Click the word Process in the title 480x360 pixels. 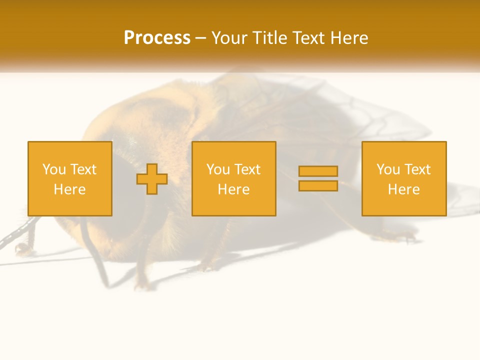(x=157, y=38)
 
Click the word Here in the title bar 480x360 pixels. (x=351, y=38)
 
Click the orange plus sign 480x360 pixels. (x=152, y=179)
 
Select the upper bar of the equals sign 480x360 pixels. (x=318, y=171)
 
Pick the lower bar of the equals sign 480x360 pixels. (x=318, y=185)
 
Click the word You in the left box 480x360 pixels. (x=54, y=169)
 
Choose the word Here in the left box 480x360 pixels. (x=69, y=189)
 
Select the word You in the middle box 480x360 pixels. (x=218, y=169)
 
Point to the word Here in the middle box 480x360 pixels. (x=233, y=189)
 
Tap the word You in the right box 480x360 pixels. (x=388, y=169)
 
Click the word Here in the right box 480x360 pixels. (x=403, y=189)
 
